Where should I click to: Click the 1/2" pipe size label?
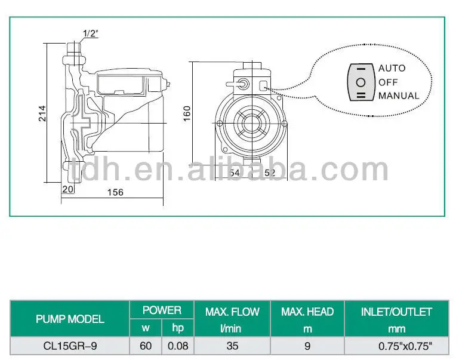(x=90, y=34)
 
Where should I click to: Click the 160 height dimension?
(x=187, y=112)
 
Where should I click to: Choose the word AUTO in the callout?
(x=392, y=68)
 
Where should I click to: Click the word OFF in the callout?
(x=388, y=82)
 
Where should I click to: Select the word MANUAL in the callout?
(x=398, y=96)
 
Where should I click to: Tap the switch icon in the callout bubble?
(x=361, y=82)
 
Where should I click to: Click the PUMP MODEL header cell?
(x=70, y=319)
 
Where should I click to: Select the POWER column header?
(x=162, y=310)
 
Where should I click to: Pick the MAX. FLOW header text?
(x=232, y=312)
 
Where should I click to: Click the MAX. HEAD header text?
(x=307, y=312)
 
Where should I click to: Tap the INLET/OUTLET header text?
(x=396, y=312)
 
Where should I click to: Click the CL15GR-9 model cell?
(x=70, y=346)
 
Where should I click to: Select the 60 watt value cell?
(x=146, y=346)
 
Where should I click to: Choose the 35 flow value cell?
(x=232, y=346)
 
